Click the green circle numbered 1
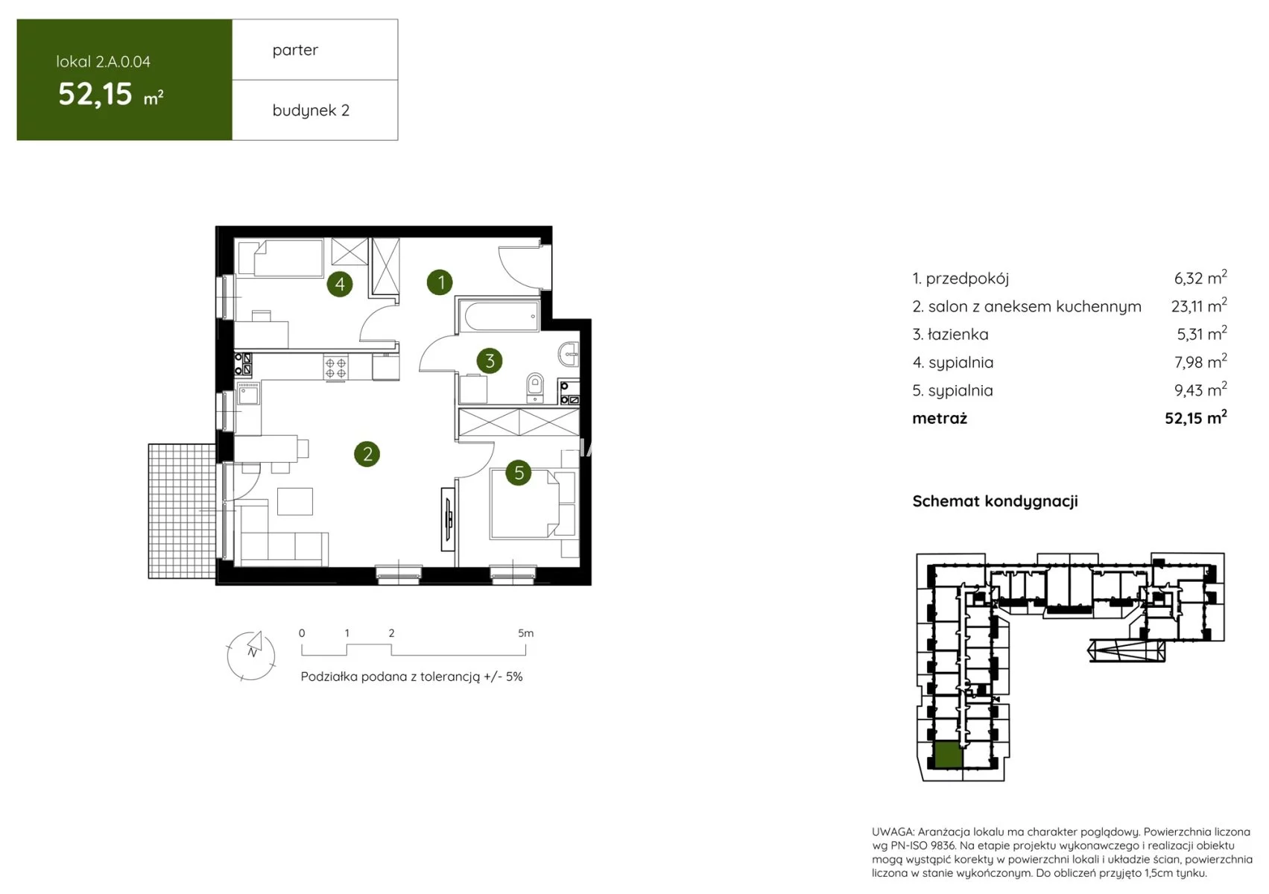coord(440,282)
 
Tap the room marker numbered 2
coord(367,454)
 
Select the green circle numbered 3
coord(490,361)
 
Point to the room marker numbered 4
coord(340,284)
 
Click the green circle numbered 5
coord(519,472)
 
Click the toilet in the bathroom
coord(535,387)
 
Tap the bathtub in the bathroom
coord(499,316)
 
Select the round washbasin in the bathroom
coord(569,355)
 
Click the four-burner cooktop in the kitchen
coord(335,367)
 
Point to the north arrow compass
coord(251,655)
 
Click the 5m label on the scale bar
coord(525,633)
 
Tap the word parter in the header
coord(295,51)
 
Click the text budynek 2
coord(311,110)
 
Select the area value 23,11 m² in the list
coord(1199,306)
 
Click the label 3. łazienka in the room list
coord(950,335)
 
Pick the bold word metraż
coord(940,418)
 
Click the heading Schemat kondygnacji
coord(995,501)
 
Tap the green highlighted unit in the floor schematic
coord(948,755)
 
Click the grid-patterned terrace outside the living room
coord(182,511)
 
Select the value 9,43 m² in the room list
coord(1200,390)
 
